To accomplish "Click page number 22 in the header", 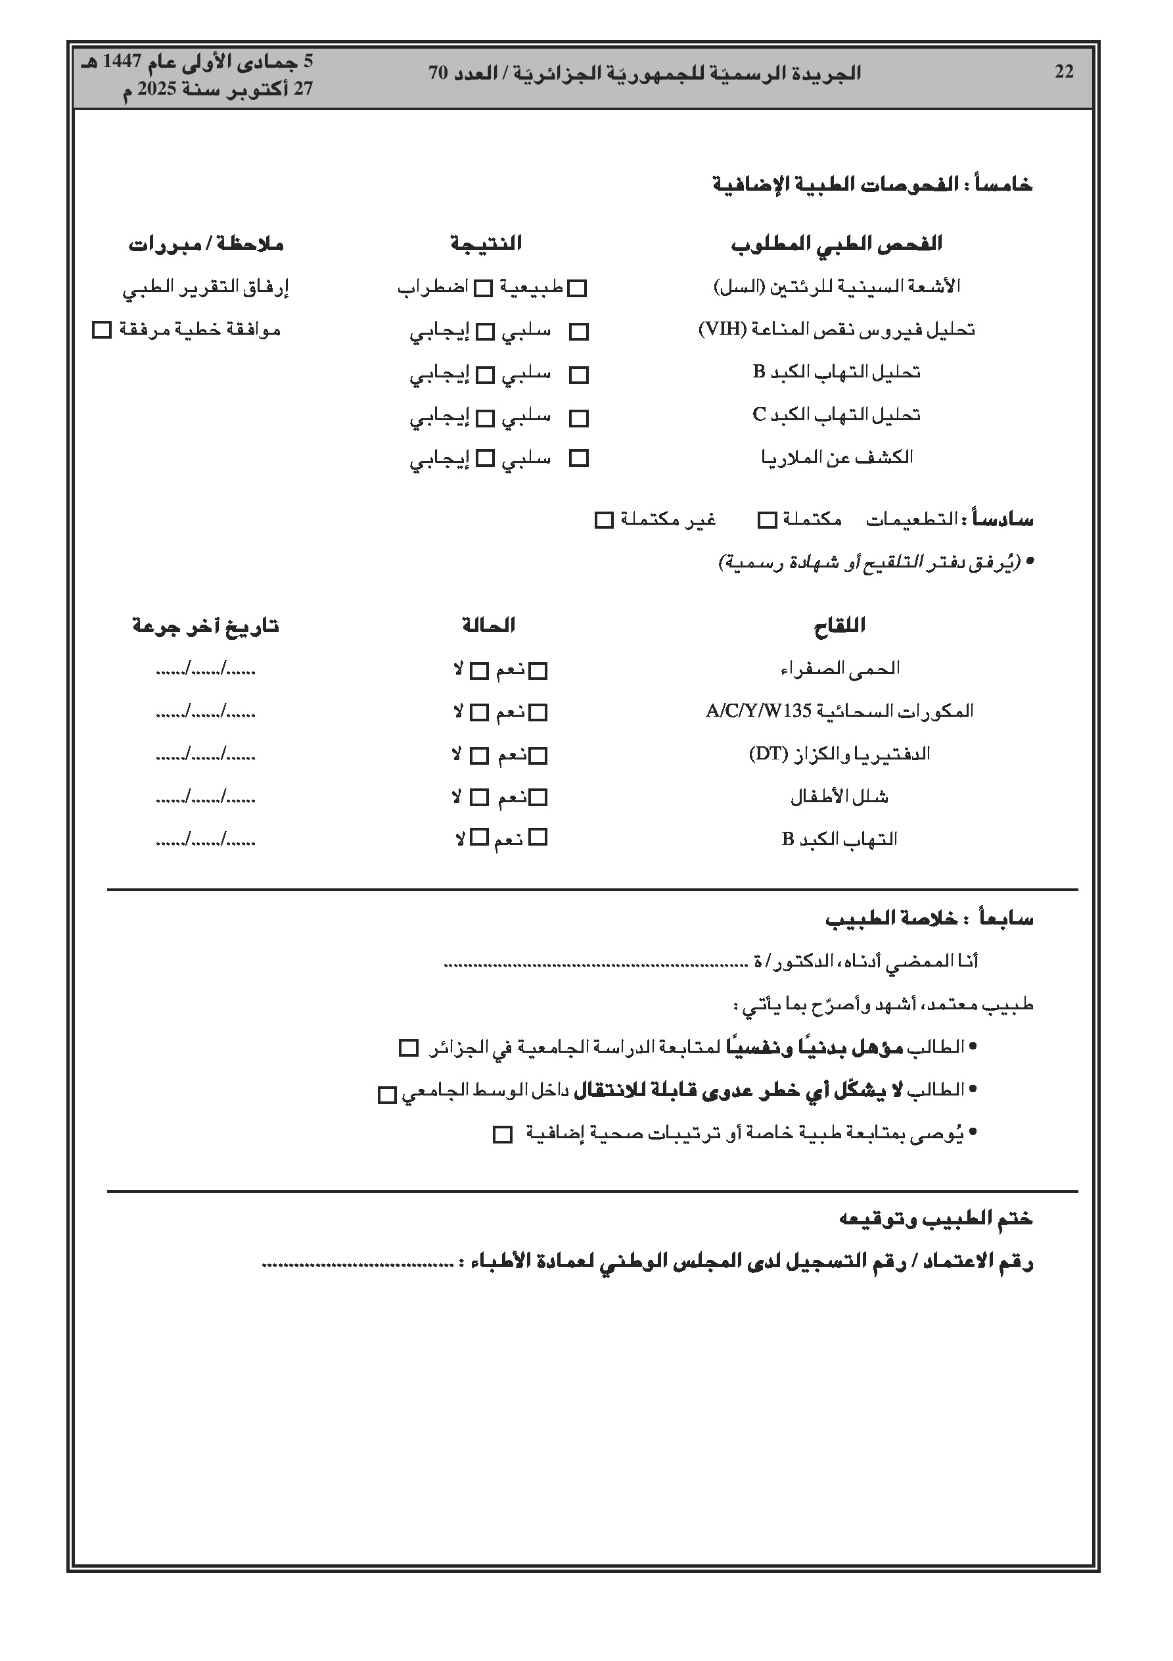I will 1064,72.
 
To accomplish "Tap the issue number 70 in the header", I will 439,73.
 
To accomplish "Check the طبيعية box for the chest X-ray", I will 577,289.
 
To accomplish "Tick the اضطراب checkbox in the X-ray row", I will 483,289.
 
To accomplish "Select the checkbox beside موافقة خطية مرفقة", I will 102,331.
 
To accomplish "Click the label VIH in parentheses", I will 722,330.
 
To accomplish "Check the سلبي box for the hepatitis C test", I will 578,418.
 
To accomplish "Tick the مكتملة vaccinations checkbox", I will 767,520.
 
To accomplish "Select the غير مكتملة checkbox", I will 604,520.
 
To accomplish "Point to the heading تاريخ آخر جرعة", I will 206,626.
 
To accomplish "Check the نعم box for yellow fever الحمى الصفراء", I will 538,671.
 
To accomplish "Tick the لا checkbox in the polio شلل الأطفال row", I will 479,798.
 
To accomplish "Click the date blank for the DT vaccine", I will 206,756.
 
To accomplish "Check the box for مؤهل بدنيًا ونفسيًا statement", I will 409,1048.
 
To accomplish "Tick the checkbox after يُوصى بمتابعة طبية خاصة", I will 502,1134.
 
